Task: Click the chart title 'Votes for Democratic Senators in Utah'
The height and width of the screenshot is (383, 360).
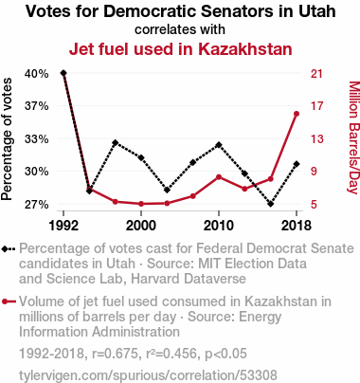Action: (x=181, y=11)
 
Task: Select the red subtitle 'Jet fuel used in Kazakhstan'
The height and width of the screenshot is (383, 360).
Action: (x=181, y=49)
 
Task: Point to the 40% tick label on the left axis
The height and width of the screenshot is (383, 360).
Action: (x=37, y=74)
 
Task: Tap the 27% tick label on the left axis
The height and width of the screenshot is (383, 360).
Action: (x=37, y=205)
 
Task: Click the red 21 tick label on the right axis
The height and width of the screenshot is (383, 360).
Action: (x=316, y=74)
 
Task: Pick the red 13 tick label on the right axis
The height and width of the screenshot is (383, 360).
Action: (x=316, y=138)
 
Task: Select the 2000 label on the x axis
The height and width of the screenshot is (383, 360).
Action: (x=141, y=226)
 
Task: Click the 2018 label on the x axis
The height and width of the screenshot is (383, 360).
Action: (x=297, y=226)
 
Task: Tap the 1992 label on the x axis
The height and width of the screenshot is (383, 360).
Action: (x=63, y=226)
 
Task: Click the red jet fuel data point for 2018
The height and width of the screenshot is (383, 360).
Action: (x=297, y=114)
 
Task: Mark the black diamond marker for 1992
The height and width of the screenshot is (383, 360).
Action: (x=63, y=73)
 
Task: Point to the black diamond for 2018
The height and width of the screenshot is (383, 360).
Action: (x=297, y=164)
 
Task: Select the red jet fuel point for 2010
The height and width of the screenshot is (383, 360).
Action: (x=219, y=177)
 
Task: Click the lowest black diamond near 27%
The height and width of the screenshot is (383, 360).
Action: (x=270, y=204)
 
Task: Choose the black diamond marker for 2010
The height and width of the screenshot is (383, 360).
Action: (x=219, y=145)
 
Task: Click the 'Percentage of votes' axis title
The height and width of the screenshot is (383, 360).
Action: (x=7, y=139)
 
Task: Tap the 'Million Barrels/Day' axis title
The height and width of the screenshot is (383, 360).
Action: (x=353, y=137)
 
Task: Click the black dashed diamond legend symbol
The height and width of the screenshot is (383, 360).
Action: (x=9, y=249)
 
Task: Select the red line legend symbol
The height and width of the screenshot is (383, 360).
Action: (x=9, y=301)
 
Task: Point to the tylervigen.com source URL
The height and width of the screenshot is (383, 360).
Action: (x=148, y=375)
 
